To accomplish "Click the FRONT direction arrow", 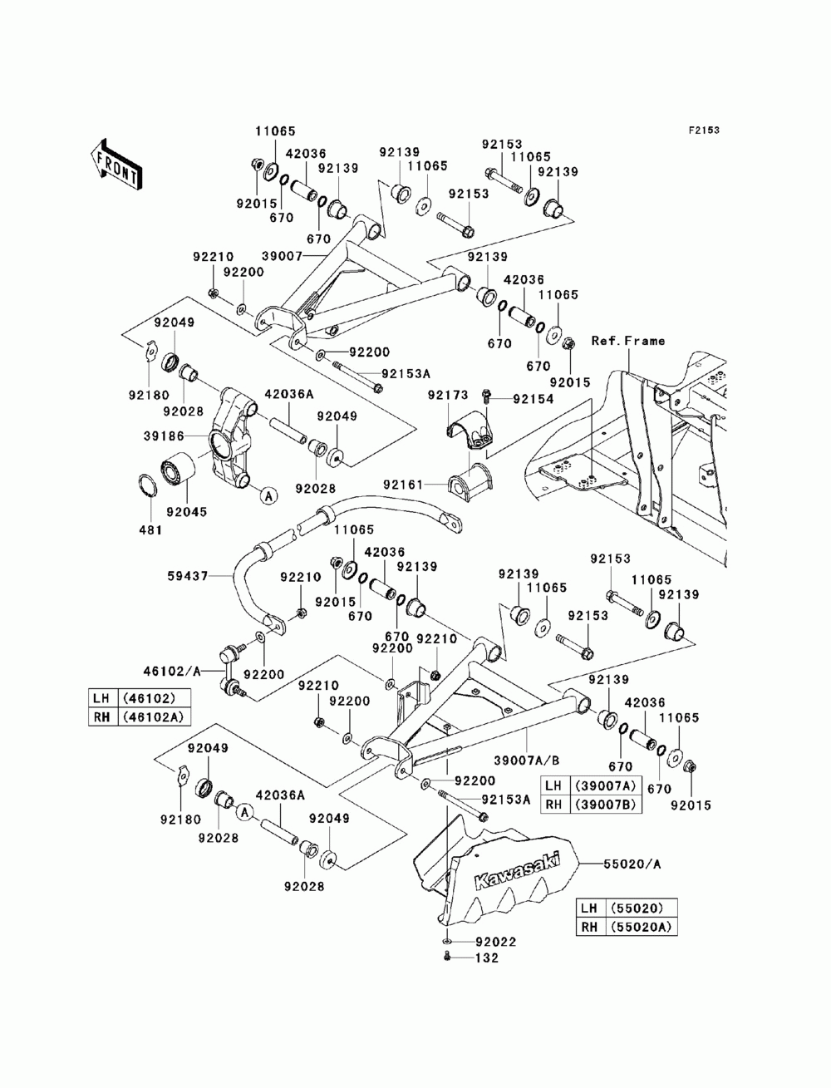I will (116, 163).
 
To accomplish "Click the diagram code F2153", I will (702, 130).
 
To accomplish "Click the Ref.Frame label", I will (628, 341).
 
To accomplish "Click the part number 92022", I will (496, 942).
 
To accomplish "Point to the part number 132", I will (486, 958).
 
